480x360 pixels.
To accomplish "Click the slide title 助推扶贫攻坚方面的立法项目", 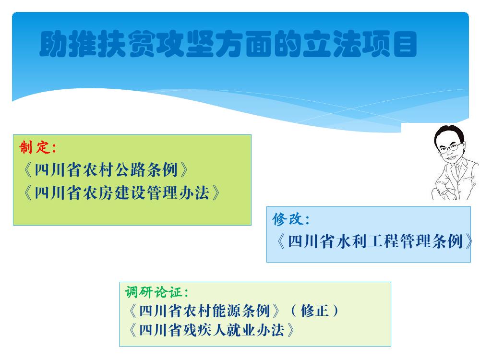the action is [228, 44].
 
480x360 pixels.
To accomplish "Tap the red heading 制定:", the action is [38, 147].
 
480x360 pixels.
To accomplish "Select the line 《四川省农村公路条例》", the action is [106, 170].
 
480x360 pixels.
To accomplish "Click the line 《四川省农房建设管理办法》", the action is [121, 193].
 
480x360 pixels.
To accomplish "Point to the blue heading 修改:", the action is [291, 219].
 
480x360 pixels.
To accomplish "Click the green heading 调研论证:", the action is [156, 292].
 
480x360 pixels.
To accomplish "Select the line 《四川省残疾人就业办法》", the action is [212, 330].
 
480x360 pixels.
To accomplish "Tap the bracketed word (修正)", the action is [315, 311].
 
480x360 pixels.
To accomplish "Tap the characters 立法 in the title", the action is [332, 44].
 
